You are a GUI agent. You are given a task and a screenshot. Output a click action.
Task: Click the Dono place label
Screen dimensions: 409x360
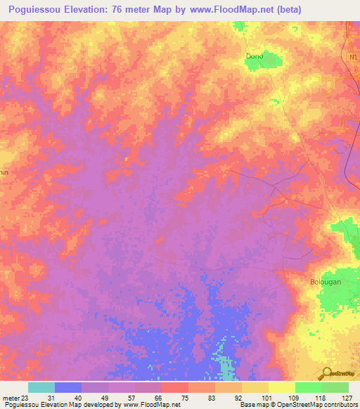[x=254, y=56]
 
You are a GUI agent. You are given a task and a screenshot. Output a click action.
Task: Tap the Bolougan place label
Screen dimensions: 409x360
[x=325, y=282]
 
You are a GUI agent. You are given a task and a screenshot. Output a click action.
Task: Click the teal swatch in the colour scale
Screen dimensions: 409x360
[x=41, y=387]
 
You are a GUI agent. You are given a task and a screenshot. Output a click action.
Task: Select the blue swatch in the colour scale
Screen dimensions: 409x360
[x=68, y=387]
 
